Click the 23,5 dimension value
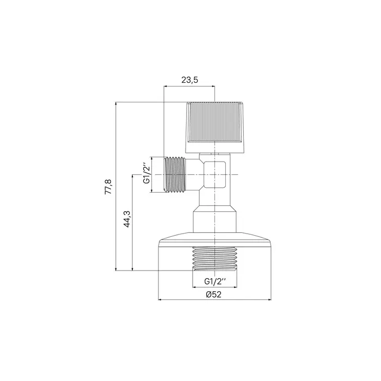tap(189, 79)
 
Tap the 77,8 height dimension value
tap(108, 186)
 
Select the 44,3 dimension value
tap(127, 219)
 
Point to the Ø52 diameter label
tap(213, 294)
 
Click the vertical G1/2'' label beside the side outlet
tap(146, 173)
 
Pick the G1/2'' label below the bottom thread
tap(215, 281)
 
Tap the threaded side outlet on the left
tap(175, 175)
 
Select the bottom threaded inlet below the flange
tap(215, 259)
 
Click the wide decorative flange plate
tap(215, 240)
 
